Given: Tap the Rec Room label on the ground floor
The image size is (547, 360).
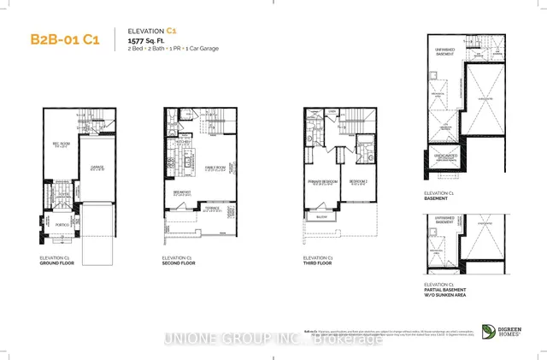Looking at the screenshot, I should tap(59, 145).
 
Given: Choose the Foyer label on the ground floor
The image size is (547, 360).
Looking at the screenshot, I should tap(61, 195).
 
